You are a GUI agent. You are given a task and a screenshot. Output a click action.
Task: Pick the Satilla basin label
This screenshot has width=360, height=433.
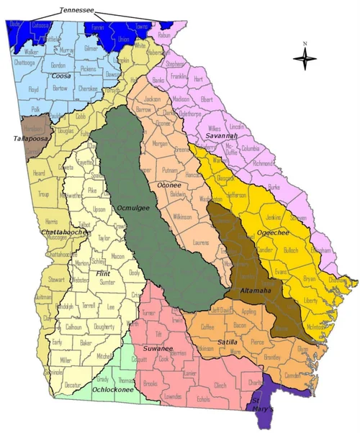point(228,343)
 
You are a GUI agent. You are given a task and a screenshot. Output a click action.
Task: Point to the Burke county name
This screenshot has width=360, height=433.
point(274,186)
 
